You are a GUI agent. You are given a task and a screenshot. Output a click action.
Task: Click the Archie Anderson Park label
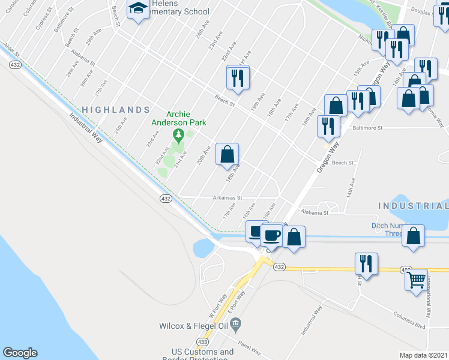178,118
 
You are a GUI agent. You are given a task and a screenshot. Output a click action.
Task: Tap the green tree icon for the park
178,133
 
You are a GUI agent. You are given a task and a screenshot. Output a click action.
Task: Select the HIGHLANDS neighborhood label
115,110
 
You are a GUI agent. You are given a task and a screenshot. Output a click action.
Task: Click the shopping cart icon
417,279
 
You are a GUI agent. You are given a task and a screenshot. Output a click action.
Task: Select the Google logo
20,353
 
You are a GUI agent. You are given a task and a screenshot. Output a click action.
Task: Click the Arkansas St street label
226,197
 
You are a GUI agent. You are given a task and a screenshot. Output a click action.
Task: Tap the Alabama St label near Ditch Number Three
315,212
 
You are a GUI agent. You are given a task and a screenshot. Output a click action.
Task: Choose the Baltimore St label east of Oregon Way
368,127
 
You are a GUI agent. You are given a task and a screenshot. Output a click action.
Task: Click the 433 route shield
202,341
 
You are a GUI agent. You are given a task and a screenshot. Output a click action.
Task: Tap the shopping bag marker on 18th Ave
228,154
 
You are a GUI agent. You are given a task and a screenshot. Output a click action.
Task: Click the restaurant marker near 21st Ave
238,77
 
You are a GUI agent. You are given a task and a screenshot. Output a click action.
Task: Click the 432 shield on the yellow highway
279,266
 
